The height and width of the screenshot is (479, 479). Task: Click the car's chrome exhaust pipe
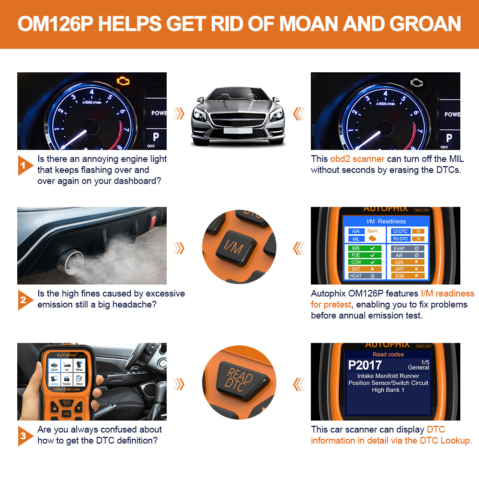pyautogui.click(x=68, y=261)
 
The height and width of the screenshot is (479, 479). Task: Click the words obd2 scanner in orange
pyautogui.click(x=357, y=159)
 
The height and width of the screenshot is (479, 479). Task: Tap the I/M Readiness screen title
pyautogui.click(x=386, y=221)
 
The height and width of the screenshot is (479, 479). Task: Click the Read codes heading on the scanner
pyautogui.click(x=388, y=354)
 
